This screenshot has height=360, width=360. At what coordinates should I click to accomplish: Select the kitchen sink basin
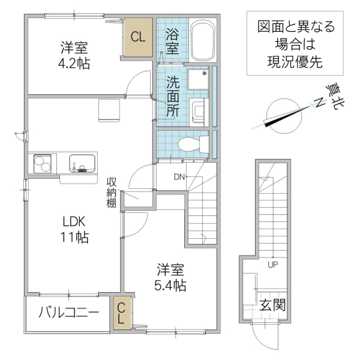point(82,162)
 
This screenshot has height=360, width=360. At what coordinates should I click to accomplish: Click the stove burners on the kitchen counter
point(43,163)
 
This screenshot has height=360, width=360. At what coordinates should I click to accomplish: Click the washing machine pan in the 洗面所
point(197,79)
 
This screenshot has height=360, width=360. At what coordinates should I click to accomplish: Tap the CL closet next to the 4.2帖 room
point(138,37)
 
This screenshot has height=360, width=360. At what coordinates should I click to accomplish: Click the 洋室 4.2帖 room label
point(74,54)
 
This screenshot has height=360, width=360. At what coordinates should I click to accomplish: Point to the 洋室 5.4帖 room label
point(171,277)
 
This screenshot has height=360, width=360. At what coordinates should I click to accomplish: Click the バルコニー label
point(68,313)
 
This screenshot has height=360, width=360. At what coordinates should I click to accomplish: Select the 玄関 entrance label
point(272,305)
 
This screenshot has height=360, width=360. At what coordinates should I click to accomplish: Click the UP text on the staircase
point(273,264)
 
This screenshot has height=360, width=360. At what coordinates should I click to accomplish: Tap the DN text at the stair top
point(179,176)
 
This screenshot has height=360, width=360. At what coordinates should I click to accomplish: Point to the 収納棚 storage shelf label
point(111,193)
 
